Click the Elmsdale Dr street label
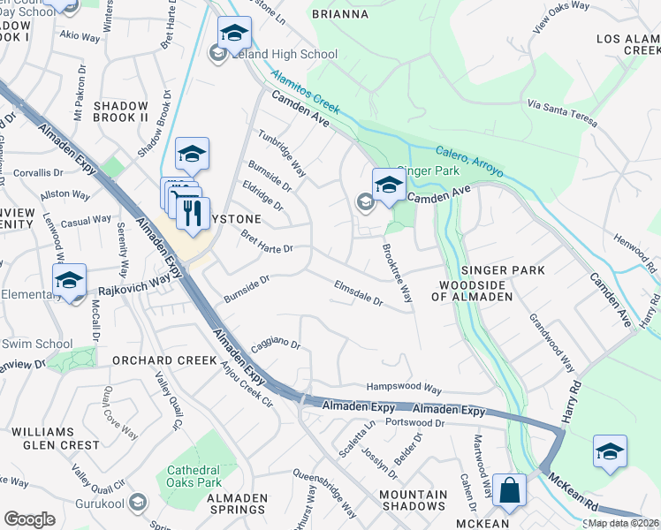(358, 294)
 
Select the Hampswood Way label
(404, 389)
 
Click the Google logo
(29, 519)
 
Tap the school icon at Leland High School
(234, 34)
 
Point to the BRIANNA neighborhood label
(339, 14)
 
